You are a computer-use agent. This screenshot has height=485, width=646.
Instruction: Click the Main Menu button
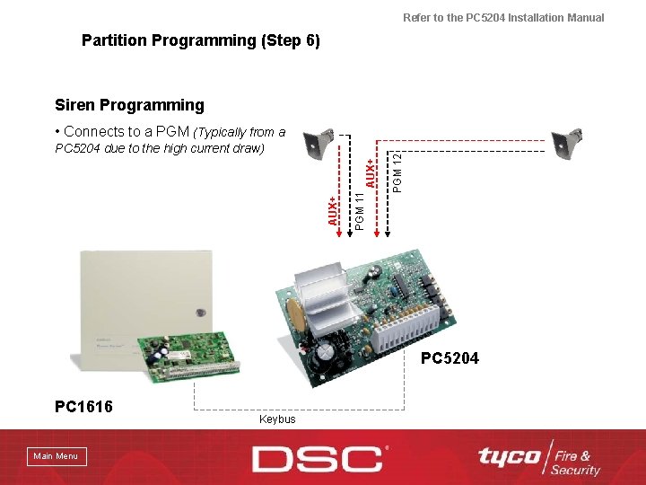pos(56,456)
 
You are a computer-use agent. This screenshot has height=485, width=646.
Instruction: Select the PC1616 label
pos(83,407)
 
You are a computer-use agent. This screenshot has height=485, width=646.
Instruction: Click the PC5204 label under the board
pos(450,358)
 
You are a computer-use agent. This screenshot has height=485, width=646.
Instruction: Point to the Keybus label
pos(276,419)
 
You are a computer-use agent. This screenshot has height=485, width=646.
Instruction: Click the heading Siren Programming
pos(129,105)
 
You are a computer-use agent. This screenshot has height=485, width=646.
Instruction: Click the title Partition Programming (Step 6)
pos(200,40)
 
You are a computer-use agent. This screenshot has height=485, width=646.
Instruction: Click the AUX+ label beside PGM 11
pos(333,210)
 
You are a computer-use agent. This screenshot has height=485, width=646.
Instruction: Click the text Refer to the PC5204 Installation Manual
pos(503,17)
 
